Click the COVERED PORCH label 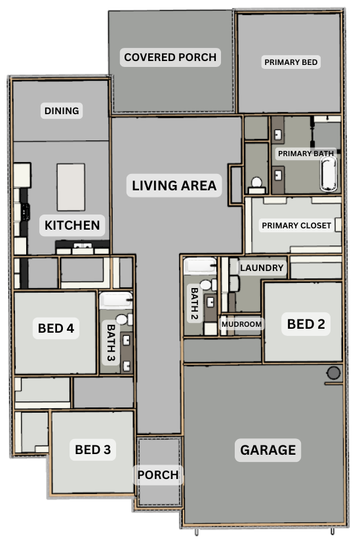coord(170,57)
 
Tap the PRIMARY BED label coord(291,62)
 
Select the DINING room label coord(62,111)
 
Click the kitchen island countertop coord(71,187)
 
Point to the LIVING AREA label coord(174,186)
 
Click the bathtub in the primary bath coord(329,174)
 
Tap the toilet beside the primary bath coord(256,186)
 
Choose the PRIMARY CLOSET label coord(296,225)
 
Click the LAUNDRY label coord(262,268)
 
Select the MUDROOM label coord(241,324)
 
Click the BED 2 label coord(306,324)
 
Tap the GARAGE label coord(268,450)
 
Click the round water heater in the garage coord(334,373)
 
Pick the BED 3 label coord(92,449)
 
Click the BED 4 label coord(56,328)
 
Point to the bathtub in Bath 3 coord(116,301)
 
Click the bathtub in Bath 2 coord(200,266)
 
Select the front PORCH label coord(158,475)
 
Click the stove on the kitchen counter coord(25,212)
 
